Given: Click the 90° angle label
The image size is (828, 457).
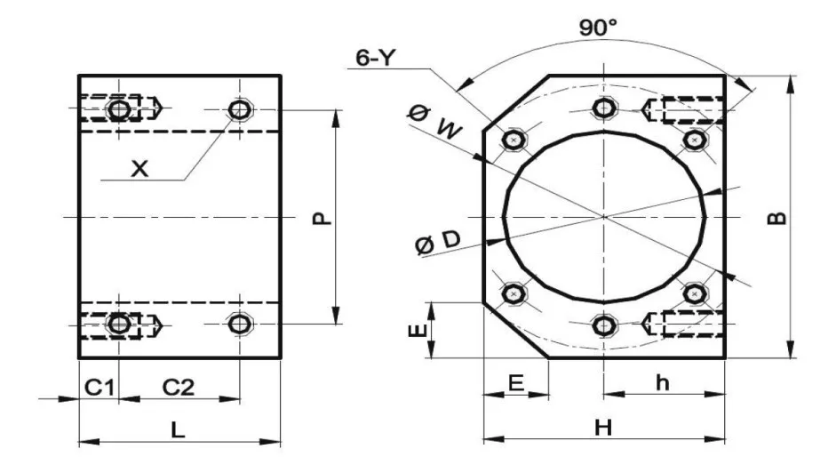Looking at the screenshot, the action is click(597, 28).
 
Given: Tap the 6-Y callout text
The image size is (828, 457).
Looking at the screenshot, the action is click(376, 57).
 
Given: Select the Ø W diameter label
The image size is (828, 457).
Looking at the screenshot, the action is click(435, 123).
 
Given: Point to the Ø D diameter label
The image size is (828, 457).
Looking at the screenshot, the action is click(438, 243).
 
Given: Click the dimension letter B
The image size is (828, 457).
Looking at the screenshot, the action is click(776, 218).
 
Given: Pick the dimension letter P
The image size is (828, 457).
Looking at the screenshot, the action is click(322, 218).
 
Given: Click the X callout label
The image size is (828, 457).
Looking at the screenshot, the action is click(139, 169).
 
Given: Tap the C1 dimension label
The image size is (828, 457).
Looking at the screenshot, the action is click(100, 388).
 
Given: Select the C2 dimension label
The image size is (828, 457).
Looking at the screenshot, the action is click(178, 388).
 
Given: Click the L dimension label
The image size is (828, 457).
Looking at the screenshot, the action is click(179, 429).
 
